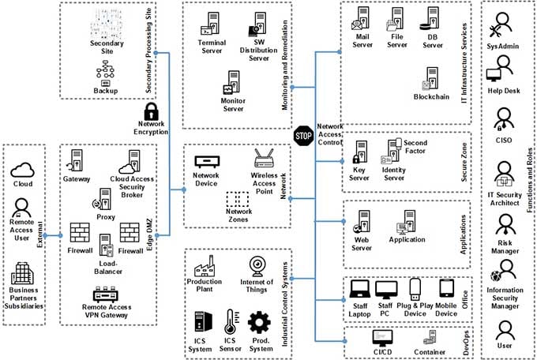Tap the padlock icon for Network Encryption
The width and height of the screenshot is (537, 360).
152,111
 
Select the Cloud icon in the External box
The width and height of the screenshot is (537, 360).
23,169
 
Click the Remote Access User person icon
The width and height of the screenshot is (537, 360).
22,211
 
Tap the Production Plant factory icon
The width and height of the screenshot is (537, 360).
204,264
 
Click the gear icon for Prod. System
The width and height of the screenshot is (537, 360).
259,322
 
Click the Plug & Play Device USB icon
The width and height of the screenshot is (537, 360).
414,291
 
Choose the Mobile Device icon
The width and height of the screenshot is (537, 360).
446,291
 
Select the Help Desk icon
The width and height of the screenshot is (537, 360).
497,75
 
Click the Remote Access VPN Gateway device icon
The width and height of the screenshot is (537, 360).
106,297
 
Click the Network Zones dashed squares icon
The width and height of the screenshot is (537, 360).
237,200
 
